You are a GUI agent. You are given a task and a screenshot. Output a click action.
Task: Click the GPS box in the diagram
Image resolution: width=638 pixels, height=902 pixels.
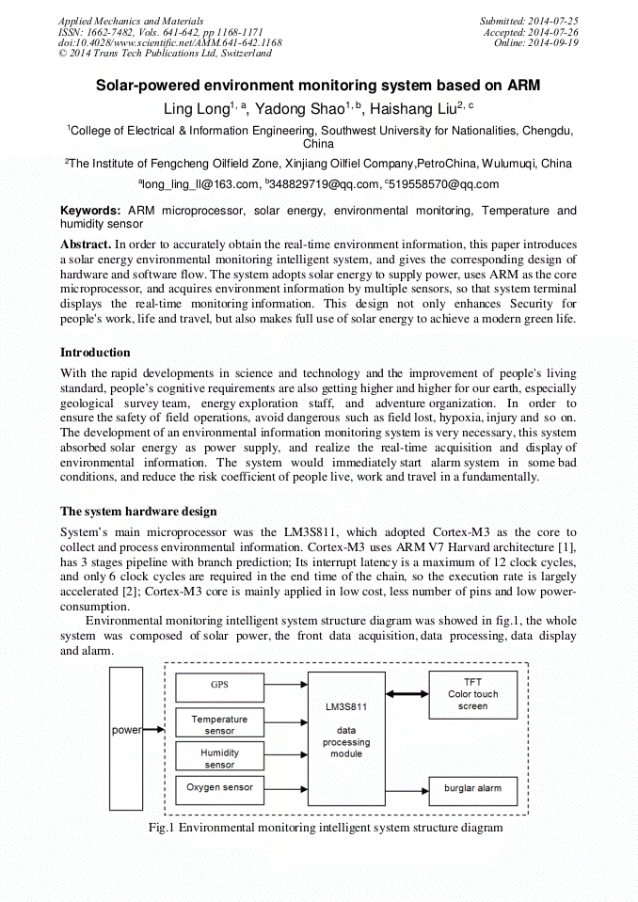pos(218,686)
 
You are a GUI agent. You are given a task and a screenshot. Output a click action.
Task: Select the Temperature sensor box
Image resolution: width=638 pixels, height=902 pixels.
pos(218,723)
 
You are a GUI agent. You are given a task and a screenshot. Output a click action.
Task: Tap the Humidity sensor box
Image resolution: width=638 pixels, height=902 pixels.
pos(218,757)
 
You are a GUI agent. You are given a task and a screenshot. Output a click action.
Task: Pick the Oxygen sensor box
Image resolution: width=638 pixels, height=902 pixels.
pos(218,788)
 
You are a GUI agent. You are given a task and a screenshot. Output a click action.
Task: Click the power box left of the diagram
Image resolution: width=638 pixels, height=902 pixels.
pos(126,730)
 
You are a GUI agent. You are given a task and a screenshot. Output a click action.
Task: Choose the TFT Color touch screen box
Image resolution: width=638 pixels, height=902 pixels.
pos(472,694)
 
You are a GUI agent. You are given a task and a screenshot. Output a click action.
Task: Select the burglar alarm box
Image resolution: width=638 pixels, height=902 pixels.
pos(472,788)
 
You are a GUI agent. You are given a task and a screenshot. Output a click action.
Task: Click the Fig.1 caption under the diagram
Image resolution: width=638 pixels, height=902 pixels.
pos(326,828)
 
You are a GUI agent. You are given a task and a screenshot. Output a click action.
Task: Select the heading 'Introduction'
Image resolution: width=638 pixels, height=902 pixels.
pos(95,353)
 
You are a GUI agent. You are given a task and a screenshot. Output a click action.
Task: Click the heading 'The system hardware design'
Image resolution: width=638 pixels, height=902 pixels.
pos(138,512)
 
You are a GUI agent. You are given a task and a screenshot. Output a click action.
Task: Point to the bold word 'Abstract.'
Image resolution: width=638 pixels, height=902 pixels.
pos(86,245)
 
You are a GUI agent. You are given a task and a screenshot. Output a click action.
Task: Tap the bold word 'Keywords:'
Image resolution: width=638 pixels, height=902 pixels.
pos(91,211)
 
